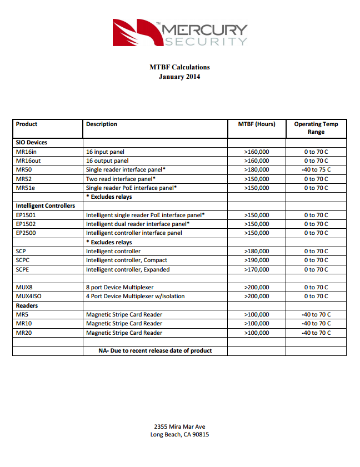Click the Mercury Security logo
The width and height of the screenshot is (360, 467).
179,32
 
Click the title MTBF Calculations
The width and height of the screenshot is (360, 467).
179,67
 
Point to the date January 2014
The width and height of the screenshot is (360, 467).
179,77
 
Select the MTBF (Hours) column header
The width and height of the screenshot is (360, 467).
257,124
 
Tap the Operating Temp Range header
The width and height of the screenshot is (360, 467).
316,128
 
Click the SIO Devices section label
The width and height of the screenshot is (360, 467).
32,143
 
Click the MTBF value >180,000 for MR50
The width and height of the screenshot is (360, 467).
257,170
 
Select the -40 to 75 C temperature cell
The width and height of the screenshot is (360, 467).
316,170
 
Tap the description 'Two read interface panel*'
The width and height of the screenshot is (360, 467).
121,179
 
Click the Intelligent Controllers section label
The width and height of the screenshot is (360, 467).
46,206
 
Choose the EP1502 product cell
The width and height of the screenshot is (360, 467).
26,224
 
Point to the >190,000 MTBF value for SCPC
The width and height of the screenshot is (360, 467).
257,260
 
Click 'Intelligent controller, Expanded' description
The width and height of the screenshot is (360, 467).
128,270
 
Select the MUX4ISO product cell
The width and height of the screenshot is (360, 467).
29,297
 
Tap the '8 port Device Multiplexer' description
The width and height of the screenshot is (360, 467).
119,288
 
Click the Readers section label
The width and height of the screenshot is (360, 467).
27,306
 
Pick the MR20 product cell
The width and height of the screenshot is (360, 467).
24,333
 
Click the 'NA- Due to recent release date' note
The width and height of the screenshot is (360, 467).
155,351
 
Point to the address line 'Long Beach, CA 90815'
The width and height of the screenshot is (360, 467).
179,435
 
